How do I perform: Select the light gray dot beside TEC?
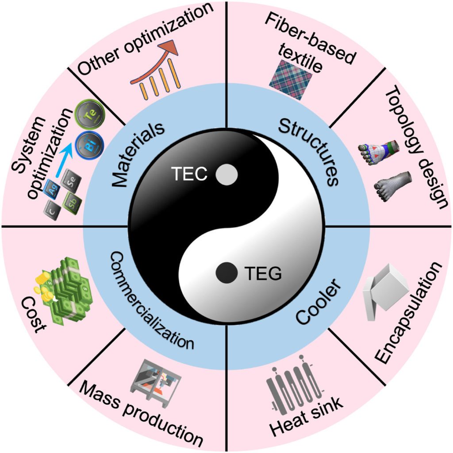click(x=226, y=174)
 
